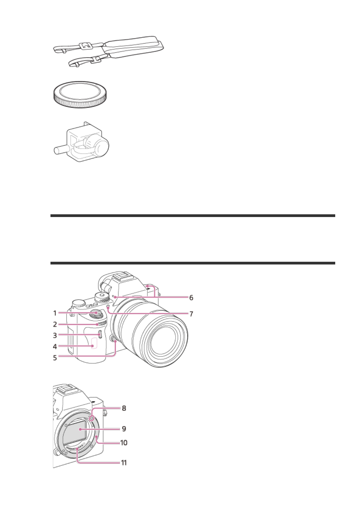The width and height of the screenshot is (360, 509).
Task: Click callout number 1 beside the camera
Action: [x=55, y=313]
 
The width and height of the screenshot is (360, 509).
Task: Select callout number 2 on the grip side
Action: [x=55, y=324]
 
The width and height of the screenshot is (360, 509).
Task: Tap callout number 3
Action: [x=55, y=335]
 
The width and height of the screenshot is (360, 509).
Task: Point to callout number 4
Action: [x=55, y=346]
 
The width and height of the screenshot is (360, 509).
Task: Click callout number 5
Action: [x=55, y=358]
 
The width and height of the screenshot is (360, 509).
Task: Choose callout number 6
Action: [x=191, y=298]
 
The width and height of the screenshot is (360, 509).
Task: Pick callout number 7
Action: [x=191, y=314]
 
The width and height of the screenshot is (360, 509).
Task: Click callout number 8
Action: [x=124, y=408]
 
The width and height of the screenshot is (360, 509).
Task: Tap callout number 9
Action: [x=124, y=429]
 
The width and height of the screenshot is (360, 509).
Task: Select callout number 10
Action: [x=124, y=443]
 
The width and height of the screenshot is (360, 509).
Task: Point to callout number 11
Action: [x=124, y=463]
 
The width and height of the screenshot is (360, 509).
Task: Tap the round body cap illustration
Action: [x=80, y=94]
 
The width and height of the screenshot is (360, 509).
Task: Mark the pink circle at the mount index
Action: [x=92, y=417]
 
